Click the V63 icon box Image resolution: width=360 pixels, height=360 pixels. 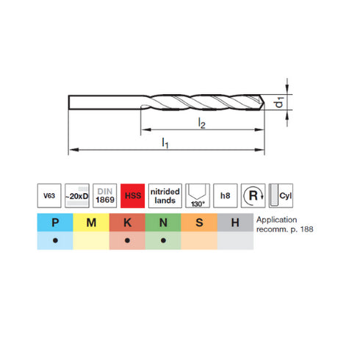point(49,195)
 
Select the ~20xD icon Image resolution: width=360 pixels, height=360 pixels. point(77,195)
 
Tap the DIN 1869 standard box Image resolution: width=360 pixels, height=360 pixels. point(105,195)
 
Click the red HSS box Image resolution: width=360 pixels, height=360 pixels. point(132,195)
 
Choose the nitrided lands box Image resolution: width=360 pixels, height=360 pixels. point(165,195)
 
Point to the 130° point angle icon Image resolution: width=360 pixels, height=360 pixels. point(198,195)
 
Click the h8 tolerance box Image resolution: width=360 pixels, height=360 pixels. point(226,195)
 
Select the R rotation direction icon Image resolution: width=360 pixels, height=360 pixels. point(253,195)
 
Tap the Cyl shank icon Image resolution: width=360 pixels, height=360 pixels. point(281,195)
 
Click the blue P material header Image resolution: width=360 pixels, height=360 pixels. point(55,223)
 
